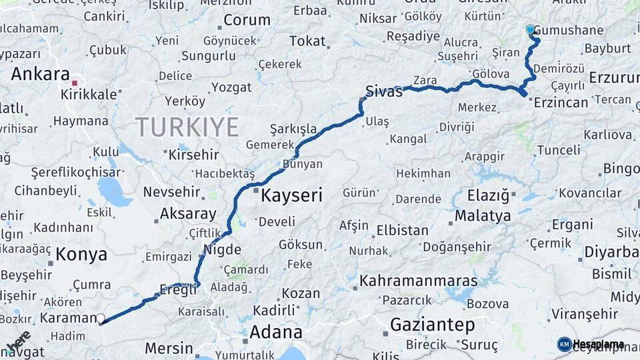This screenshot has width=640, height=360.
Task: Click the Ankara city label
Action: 41,73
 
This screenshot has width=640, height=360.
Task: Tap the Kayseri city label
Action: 291,195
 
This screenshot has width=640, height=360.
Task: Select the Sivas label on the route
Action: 384,91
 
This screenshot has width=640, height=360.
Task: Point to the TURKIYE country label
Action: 187,127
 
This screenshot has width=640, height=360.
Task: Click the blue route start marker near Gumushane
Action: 531,29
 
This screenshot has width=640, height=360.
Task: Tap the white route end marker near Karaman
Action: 101,319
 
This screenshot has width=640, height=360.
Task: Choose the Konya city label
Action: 81,254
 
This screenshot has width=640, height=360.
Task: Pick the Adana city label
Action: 275,331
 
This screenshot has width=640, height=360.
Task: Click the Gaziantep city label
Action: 432,325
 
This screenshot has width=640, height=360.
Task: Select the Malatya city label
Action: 483,215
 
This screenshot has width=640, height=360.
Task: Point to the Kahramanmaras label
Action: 419,281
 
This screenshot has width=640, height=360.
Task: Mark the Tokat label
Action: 307,41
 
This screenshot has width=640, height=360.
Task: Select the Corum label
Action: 247,20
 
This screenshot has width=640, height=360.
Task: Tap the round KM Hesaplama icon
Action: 565,344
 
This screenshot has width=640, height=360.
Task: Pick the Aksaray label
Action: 188,215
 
